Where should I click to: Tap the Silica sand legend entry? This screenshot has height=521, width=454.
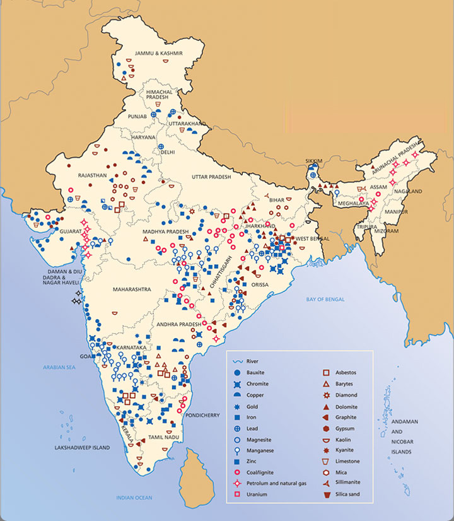pyautogui.click(x=346, y=494)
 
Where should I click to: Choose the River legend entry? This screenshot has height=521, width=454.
pyautogui.click(x=250, y=362)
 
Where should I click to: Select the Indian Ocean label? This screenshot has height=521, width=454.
pyautogui.click(x=135, y=498)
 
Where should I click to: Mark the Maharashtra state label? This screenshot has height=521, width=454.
pyautogui.click(x=132, y=289)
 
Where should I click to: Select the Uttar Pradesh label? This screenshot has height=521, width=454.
pyautogui.click(x=211, y=177)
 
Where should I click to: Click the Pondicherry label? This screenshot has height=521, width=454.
pyautogui.click(x=202, y=416)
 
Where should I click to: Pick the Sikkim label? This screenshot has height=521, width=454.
pyautogui.click(x=313, y=161)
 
